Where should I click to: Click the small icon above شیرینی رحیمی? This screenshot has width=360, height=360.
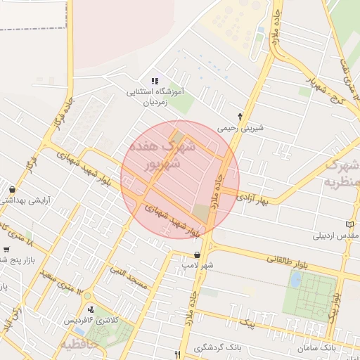pos(240,117)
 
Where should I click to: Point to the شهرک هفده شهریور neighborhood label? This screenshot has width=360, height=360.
pos(161,155)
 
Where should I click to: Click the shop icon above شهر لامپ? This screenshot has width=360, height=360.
pos(197,255)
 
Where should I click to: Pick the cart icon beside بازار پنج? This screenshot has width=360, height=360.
pos(6,249)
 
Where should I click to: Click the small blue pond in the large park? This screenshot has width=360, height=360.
pos(295,279)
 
